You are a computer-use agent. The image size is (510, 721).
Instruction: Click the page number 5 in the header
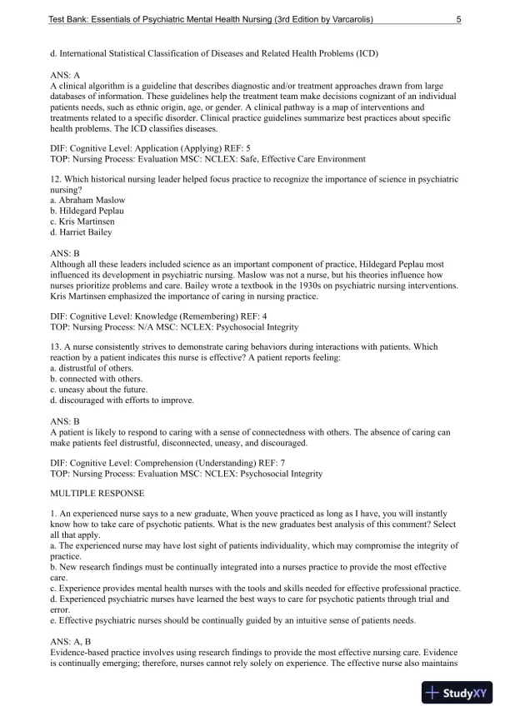pyautogui.click(x=459, y=18)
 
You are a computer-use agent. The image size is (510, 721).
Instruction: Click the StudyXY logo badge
pyautogui.click(x=457, y=693)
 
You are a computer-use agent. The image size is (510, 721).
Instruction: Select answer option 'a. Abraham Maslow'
pyautogui.click(x=87, y=201)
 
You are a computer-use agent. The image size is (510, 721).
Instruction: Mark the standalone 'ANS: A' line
pyautogui.click(x=65, y=75)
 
